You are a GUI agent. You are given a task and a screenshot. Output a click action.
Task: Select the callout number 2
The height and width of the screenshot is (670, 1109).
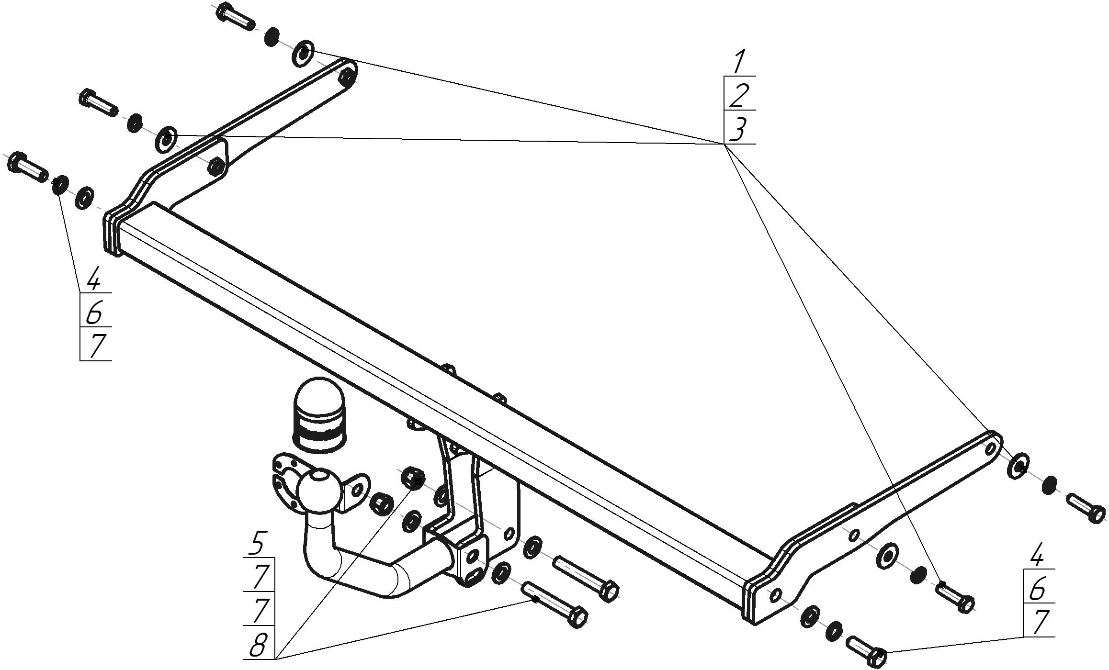738,96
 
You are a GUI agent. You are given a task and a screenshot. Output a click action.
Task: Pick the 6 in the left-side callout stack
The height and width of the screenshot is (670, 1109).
94,313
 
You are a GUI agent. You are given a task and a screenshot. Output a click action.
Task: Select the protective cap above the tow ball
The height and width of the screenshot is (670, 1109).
318,414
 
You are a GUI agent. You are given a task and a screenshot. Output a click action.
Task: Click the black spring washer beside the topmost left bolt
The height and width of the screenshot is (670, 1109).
272,36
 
